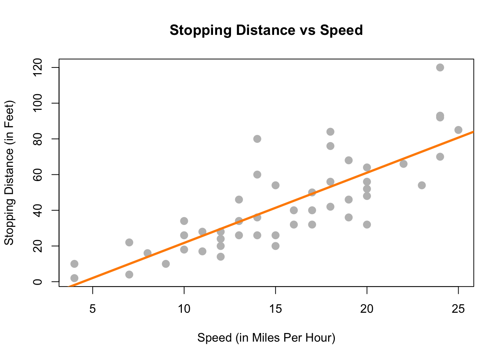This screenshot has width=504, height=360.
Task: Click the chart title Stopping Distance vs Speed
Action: point(266,30)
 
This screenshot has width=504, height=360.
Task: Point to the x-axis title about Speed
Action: point(266,338)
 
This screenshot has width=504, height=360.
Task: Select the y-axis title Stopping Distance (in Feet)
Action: point(9,172)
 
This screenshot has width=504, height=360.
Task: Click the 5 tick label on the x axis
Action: point(93,309)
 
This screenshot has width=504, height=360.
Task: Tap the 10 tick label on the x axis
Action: point(184,309)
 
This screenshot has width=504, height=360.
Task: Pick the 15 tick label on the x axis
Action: point(276,309)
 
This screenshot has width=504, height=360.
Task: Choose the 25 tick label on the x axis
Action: point(458,309)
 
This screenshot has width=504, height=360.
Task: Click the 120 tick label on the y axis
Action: point(37,67)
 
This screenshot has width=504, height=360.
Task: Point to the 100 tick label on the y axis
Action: point(37,103)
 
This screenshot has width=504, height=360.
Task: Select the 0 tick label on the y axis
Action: point(37,282)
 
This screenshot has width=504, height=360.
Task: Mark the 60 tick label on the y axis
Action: point(37,175)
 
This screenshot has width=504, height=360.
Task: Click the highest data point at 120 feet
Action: point(440,67)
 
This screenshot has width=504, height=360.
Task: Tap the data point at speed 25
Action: point(458,130)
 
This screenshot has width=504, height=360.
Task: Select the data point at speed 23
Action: point(422,185)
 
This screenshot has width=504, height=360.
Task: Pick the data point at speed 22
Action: point(403,164)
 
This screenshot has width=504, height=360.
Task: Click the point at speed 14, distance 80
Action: point(257,139)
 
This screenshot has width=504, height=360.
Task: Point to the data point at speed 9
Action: point(166,264)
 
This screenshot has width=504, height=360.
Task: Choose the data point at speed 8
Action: point(147,253)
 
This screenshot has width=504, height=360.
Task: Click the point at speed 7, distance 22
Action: point(129,243)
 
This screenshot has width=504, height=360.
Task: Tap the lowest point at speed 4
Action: point(74,278)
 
